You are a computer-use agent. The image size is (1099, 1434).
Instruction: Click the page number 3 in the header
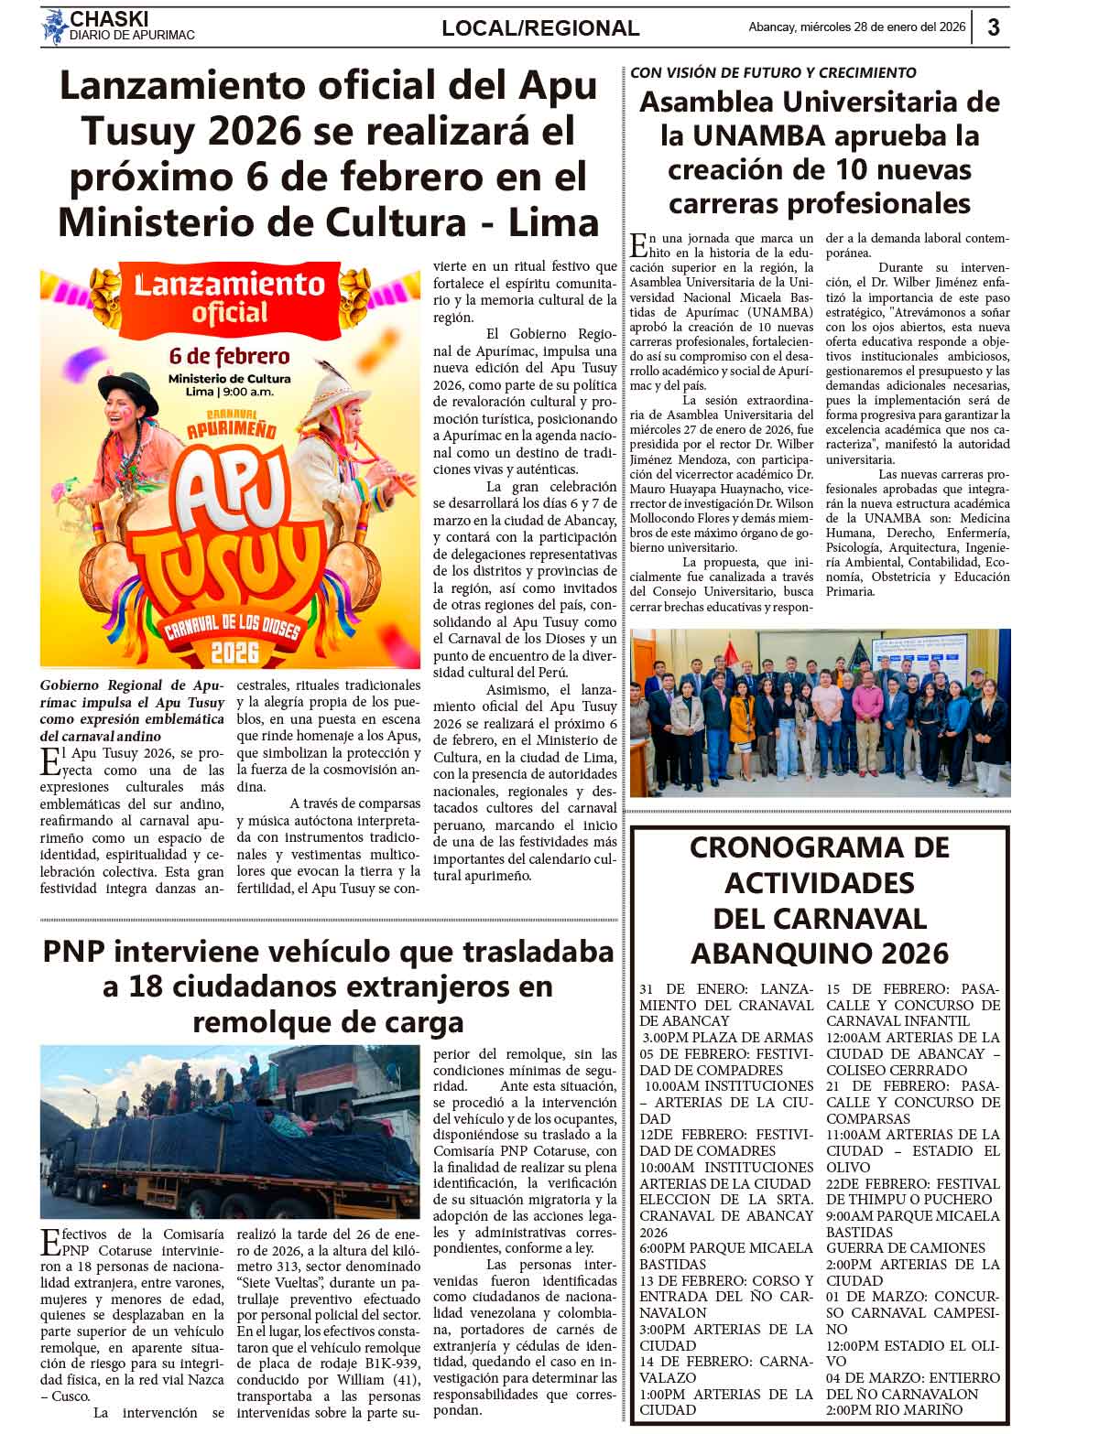click(994, 27)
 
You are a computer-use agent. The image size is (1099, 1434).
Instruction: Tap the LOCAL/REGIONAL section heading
click(540, 28)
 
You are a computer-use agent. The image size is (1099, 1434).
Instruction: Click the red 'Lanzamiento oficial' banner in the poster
click(229, 297)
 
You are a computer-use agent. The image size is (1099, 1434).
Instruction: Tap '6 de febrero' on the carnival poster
click(229, 355)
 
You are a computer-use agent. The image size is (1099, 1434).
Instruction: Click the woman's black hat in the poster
click(127, 384)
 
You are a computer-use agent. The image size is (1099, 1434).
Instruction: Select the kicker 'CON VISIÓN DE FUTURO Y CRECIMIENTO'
click(773, 72)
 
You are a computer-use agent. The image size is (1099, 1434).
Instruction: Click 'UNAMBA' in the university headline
click(756, 136)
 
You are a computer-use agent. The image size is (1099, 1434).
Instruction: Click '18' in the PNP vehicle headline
click(145, 987)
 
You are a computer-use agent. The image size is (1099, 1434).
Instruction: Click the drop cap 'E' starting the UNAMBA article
click(638, 244)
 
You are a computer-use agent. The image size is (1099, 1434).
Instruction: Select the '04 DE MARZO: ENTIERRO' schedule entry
click(912, 1378)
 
